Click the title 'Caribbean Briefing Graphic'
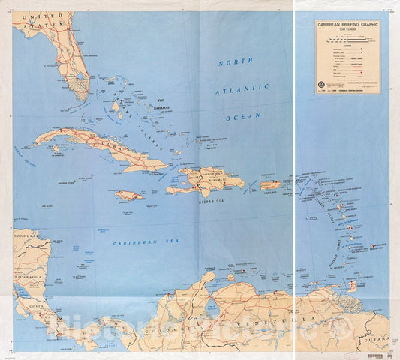click(x=347, y=25)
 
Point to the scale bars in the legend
click(x=344, y=37)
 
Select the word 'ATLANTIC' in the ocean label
click(x=242, y=90)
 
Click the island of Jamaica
click(x=129, y=196)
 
